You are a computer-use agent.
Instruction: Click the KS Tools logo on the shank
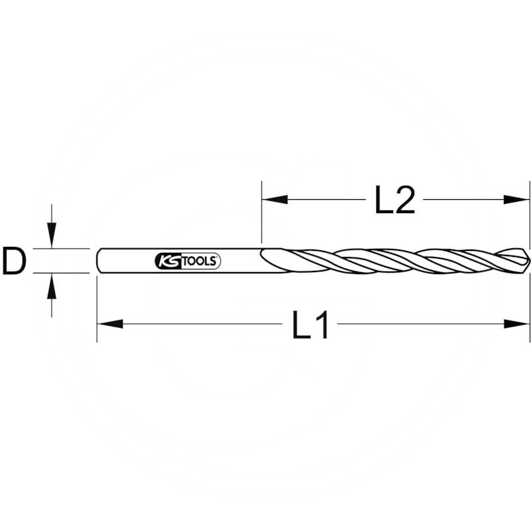(x=187, y=261)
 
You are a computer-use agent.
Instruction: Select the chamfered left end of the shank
(x=99, y=261)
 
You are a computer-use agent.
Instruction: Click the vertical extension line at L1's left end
(x=97, y=305)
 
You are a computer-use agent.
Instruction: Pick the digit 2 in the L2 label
(x=404, y=200)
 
